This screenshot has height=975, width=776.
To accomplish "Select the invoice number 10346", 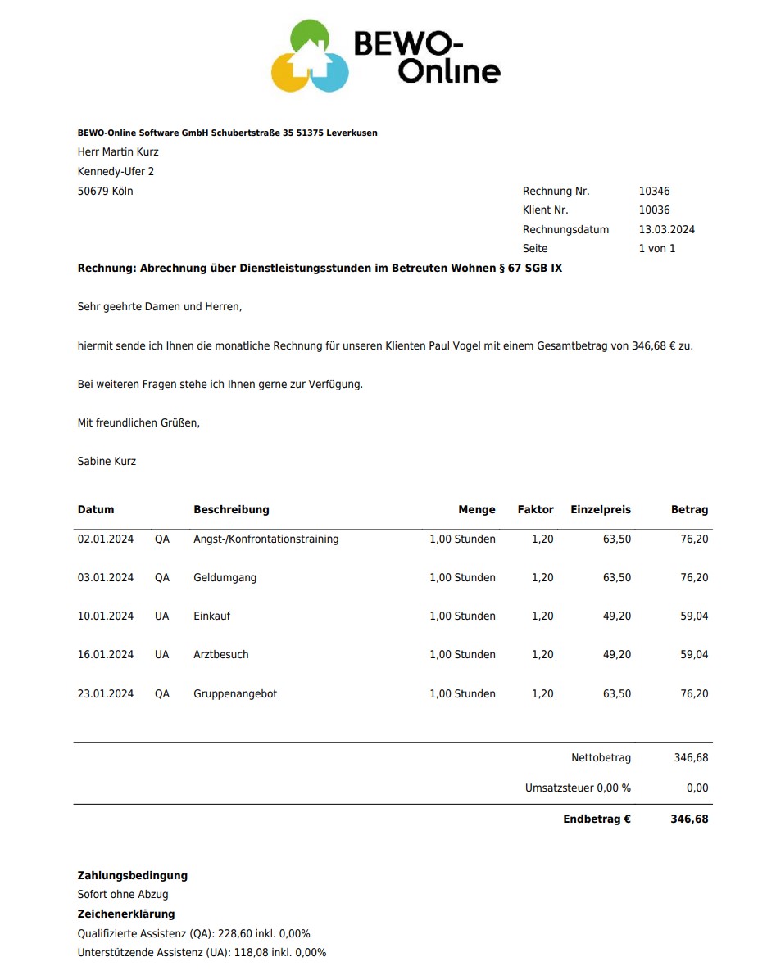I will click(x=654, y=192).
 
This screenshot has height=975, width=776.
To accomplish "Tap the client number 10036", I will click(x=654, y=210).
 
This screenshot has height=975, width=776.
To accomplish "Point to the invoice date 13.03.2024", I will click(x=666, y=230).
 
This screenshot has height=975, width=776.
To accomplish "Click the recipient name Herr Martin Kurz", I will click(x=118, y=152).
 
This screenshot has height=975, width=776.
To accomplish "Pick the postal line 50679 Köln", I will click(x=105, y=192).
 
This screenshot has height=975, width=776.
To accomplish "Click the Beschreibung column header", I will click(x=231, y=510).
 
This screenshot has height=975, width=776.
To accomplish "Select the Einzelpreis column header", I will click(x=601, y=510).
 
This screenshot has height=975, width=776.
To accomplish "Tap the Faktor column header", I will click(x=535, y=510).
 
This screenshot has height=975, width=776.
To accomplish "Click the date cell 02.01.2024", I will click(x=106, y=539).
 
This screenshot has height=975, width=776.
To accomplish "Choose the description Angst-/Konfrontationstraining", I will click(x=265, y=539).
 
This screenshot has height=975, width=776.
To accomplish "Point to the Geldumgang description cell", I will click(x=225, y=578).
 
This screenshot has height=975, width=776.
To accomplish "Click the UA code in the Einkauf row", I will click(x=162, y=616).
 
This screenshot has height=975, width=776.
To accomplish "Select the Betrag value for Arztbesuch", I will click(x=694, y=655).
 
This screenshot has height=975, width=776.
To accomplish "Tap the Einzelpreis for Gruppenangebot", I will click(x=617, y=694).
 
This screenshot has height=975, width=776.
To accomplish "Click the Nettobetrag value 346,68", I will click(x=691, y=758).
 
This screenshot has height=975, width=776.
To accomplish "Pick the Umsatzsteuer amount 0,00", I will click(x=697, y=788).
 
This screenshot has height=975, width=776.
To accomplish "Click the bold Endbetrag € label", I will click(x=597, y=819).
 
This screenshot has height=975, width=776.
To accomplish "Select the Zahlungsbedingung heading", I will click(x=133, y=876).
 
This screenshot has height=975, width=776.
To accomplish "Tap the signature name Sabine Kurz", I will click(x=107, y=462).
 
